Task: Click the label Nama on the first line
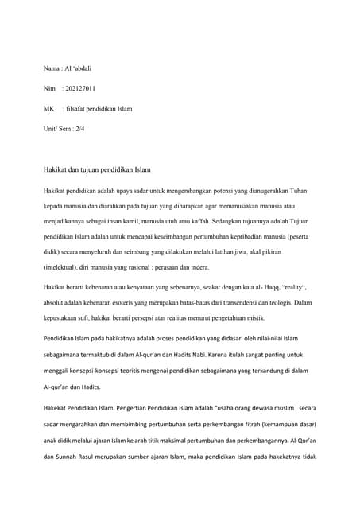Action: (x=52, y=69)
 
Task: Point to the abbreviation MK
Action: (x=49, y=108)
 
